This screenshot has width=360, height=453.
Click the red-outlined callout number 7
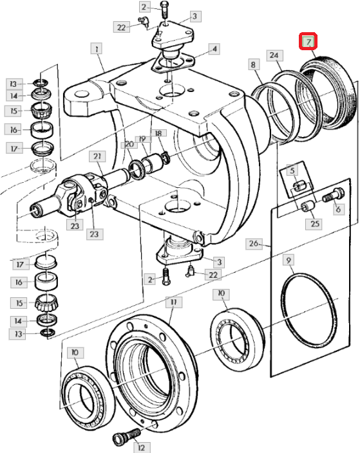(308, 41)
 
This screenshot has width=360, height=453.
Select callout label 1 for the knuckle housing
(97, 48)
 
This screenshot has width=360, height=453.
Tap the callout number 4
(214, 48)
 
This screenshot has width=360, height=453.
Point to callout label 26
(254, 243)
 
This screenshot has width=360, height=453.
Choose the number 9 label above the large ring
(289, 261)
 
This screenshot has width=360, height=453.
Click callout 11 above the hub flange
(173, 302)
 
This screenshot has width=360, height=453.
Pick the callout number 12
(142, 447)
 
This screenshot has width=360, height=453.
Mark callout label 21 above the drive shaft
(97, 156)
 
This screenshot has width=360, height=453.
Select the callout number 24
(274, 55)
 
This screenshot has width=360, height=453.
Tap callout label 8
(253, 64)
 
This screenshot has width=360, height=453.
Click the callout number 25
(315, 224)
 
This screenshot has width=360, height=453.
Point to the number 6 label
(338, 209)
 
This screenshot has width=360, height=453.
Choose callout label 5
(292, 170)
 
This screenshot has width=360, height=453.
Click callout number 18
(158, 133)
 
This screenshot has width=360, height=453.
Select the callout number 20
(129, 144)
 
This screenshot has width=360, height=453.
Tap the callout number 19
(142, 139)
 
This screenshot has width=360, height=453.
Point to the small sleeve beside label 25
(308, 207)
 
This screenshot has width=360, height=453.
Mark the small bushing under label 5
(299, 186)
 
